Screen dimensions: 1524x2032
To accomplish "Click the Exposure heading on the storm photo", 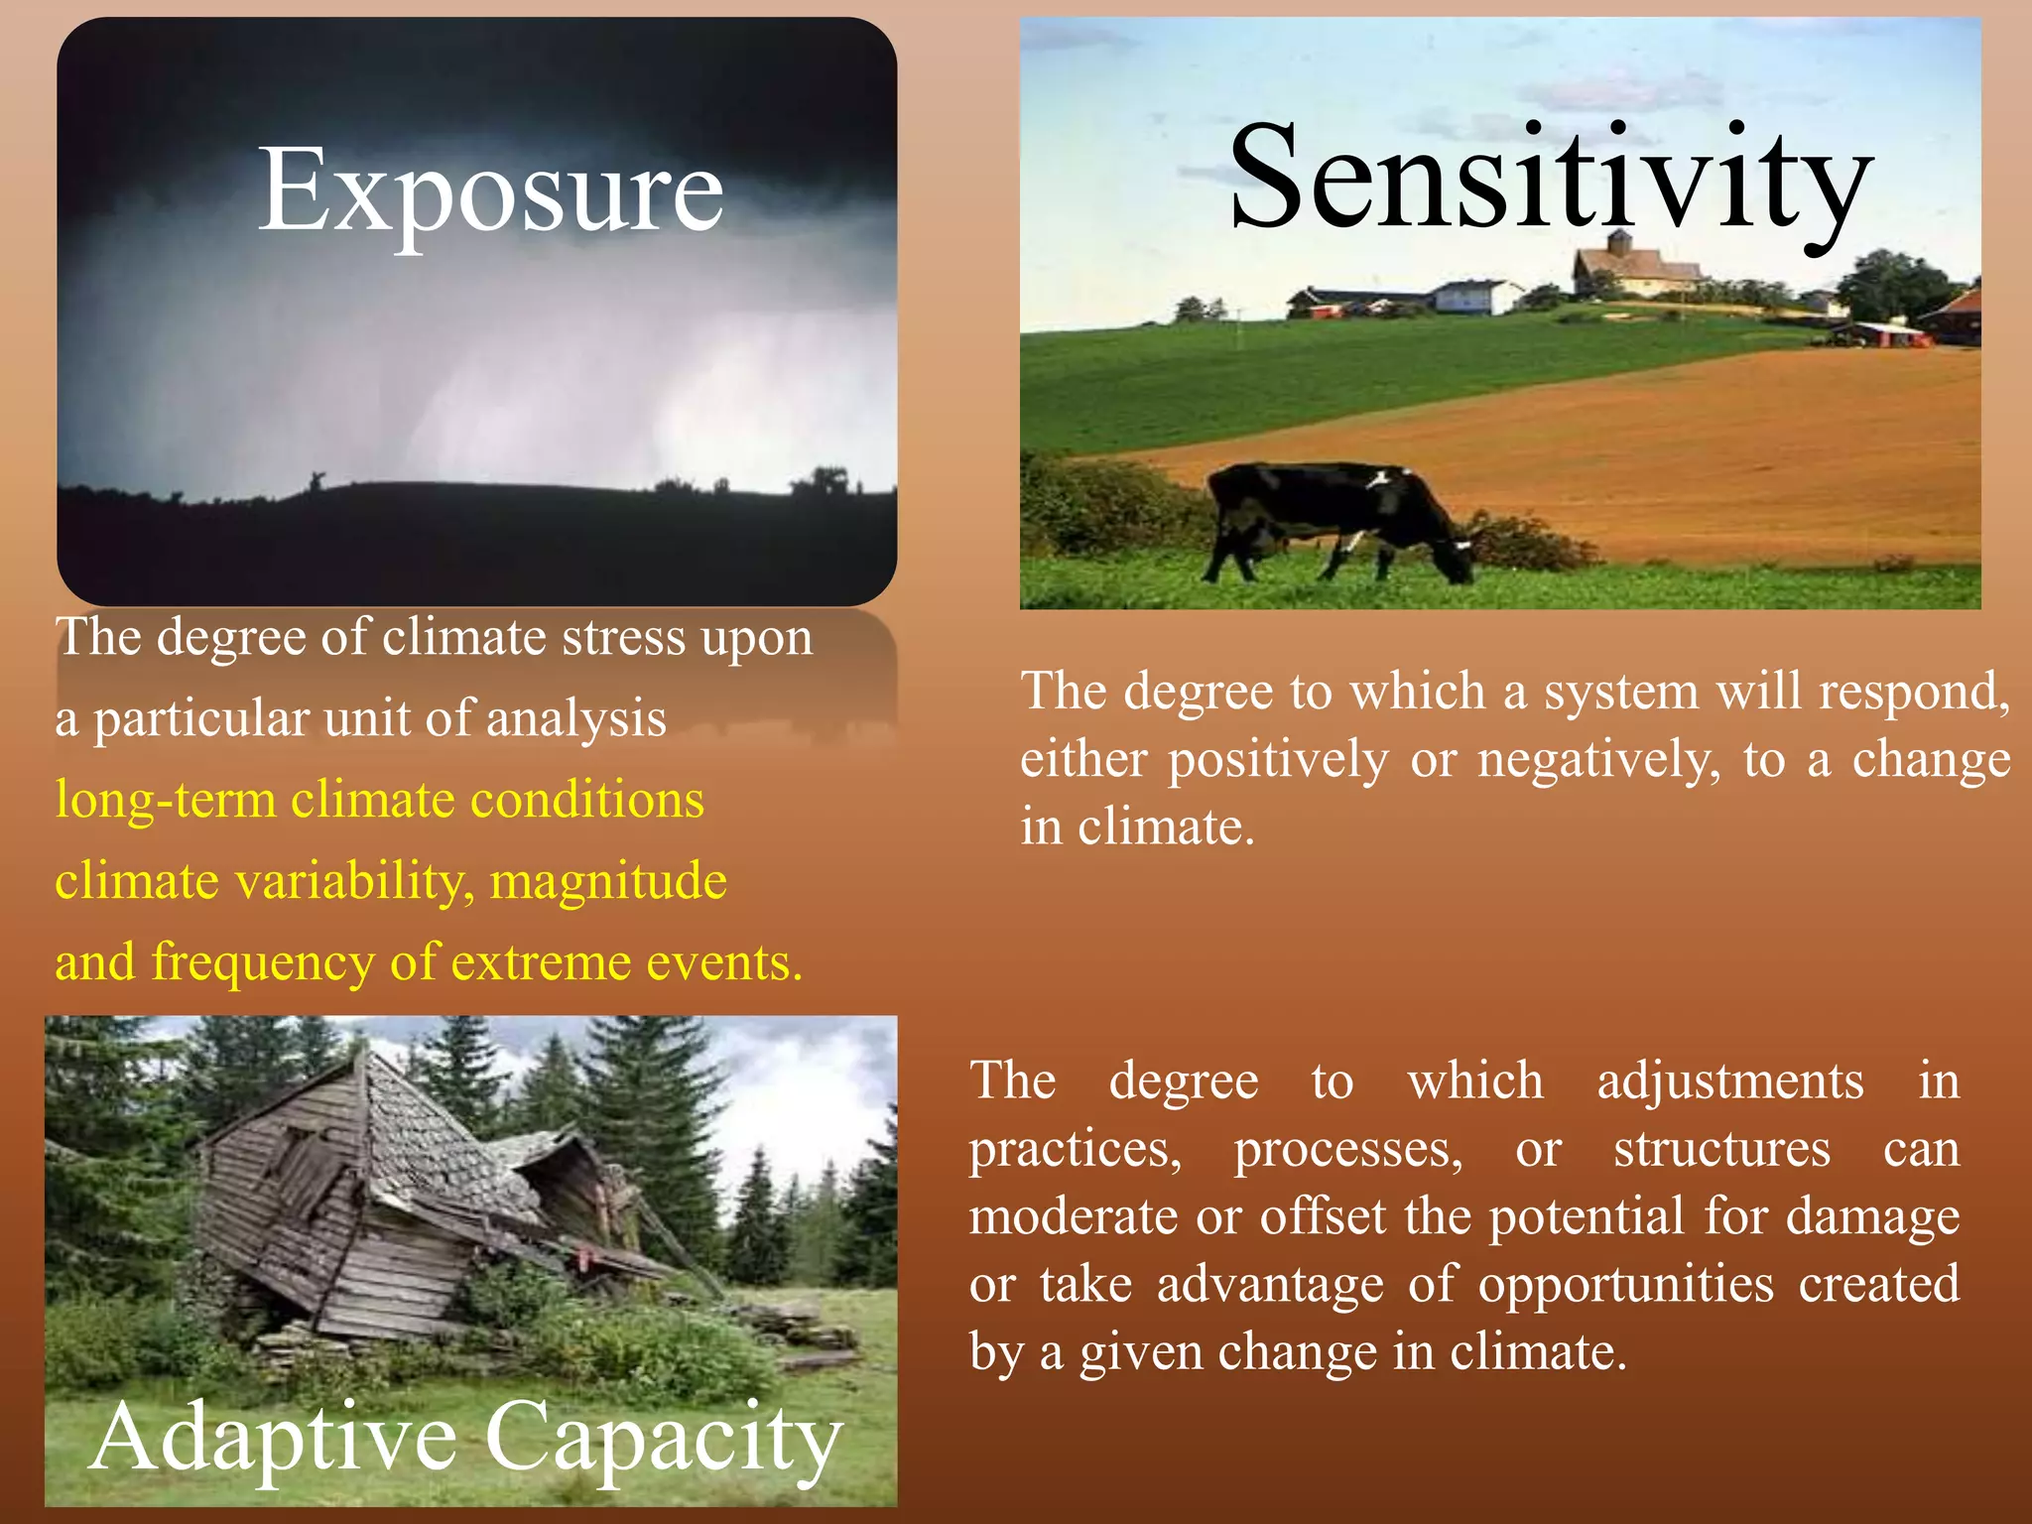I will (x=490, y=190).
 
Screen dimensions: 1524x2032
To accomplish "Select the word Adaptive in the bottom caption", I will (x=273, y=1438).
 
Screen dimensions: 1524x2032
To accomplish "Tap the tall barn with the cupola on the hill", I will (x=1632, y=265).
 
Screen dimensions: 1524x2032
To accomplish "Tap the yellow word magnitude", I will (x=608, y=881).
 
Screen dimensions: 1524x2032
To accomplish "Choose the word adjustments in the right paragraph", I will (x=1730, y=1080).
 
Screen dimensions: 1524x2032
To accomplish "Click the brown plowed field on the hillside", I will (x=1637, y=446).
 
